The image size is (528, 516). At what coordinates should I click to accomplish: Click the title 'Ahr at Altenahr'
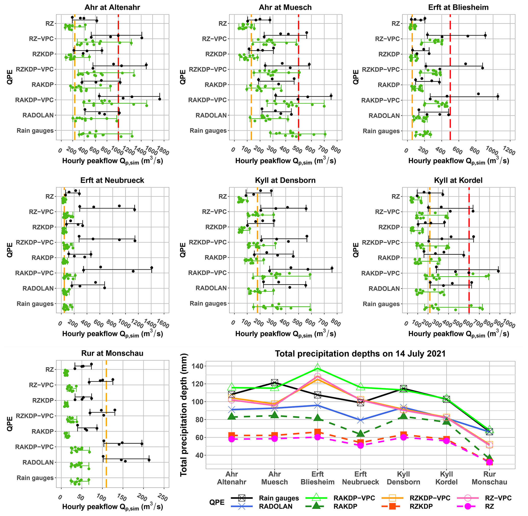(x=112, y=7)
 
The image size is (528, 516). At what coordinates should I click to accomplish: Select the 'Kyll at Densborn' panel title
(x=285, y=180)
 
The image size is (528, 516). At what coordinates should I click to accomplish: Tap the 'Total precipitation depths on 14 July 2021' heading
(x=360, y=354)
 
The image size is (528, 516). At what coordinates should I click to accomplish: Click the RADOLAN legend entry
(x=275, y=507)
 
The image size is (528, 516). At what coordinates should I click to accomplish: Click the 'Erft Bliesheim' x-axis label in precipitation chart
(x=318, y=478)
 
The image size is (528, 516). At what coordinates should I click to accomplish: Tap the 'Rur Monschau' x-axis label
(x=489, y=478)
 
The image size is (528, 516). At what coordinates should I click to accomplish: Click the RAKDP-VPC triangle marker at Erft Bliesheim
(x=318, y=368)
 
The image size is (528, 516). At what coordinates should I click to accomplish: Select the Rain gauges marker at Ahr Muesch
(x=275, y=382)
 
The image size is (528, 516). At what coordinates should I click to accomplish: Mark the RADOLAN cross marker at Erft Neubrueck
(x=360, y=420)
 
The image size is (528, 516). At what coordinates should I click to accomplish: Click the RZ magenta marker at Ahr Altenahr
(x=231, y=439)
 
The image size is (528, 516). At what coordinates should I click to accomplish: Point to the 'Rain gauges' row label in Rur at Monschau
(x=35, y=478)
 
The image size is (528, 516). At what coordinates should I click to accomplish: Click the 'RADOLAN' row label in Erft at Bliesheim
(x=384, y=116)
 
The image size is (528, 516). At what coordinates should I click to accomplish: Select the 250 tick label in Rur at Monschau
(x=162, y=498)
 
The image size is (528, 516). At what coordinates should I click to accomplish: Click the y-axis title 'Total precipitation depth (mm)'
(x=184, y=415)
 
